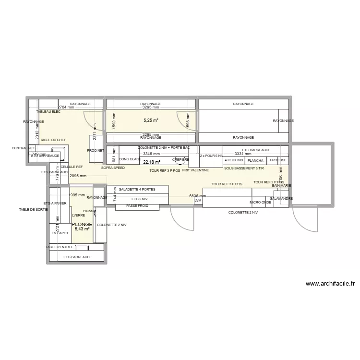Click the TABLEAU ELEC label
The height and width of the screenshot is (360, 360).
click(48, 111)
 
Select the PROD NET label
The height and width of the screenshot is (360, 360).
click(95, 150)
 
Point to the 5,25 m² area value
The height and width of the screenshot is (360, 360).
click(151, 120)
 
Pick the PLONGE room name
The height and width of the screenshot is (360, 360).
click(82, 224)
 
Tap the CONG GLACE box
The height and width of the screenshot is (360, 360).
click(129, 159)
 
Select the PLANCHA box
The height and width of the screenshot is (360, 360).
click(255, 160)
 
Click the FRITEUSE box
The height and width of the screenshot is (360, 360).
click(278, 160)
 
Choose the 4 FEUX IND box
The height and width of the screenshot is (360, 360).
click(234, 160)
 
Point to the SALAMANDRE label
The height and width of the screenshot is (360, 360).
click(281, 198)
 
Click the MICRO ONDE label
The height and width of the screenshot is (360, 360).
click(260, 203)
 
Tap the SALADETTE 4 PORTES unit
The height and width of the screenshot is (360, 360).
click(137, 189)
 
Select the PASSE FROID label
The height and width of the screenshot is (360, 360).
click(137, 206)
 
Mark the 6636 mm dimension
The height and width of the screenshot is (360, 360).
click(198, 196)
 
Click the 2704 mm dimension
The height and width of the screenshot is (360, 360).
click(66, 108)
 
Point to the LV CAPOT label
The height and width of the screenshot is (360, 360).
click(60, 233)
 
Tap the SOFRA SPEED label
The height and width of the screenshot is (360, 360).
click(113, 168)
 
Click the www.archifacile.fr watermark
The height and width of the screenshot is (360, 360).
click(330, 284)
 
